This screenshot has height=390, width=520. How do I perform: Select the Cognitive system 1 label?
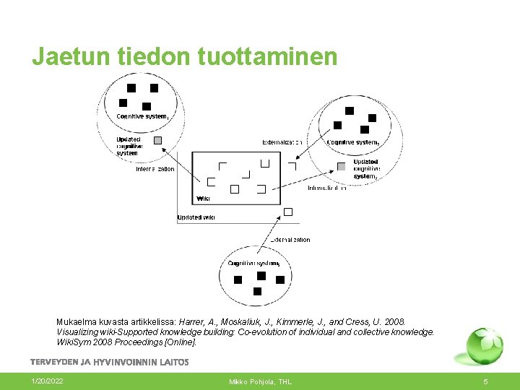click(x=143, y=116)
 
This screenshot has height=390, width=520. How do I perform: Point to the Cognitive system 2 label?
click(x=353, y=142)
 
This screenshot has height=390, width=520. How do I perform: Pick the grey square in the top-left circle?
click(x=157, y=140)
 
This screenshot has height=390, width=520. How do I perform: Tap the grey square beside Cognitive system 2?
click(x=342, y=167)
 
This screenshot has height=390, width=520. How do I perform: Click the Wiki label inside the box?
click(x=203, y=199)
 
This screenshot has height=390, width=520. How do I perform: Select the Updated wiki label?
click(x=196, y=217)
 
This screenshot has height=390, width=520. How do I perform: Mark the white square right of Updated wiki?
click(x=288, y=212)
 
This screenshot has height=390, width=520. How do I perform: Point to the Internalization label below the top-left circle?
click(x=155, y=169)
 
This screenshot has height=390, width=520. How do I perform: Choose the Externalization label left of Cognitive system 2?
click(x=282, y=142)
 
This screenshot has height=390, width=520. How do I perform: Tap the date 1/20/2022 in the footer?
click(x=47, y=381)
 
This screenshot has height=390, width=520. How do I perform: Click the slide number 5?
click(x=485, y=381)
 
